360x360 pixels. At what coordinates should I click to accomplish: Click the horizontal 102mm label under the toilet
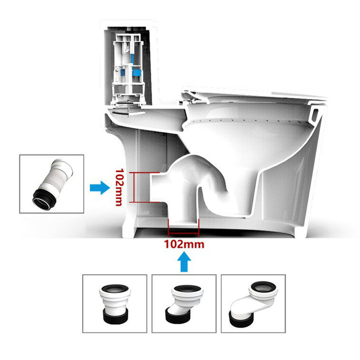pyautogui.click(x=184, y=244)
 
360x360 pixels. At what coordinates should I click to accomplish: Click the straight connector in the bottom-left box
pyautogui.click(x=114, y=305)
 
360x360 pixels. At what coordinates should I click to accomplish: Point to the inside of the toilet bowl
pyautogui.click(x=248, y=143)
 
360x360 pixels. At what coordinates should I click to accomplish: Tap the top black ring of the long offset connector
pyautogui.click(x=262, y=287)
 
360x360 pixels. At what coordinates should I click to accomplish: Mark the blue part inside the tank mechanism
pyautogui.click(x=137, y=72)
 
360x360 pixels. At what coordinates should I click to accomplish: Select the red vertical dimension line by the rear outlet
pyautogui.click(x=134, y=187)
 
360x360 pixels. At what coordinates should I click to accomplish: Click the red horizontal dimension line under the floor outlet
pyautogui.click(x=183, y=234)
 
